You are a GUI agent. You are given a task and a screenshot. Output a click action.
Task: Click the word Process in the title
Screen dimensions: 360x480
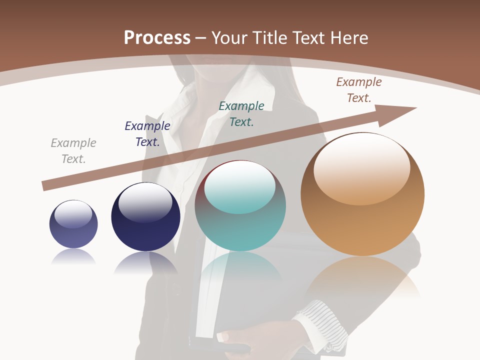pos(157,37)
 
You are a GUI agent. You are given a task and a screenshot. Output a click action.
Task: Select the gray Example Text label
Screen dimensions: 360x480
pos(73,150)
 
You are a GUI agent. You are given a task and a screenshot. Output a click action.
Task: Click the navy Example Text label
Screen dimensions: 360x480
pos(147,133)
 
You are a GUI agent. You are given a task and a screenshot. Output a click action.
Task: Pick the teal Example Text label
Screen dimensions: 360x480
pos(241,113)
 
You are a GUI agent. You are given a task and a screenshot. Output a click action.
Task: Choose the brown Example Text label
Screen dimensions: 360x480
pos(359,89)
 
